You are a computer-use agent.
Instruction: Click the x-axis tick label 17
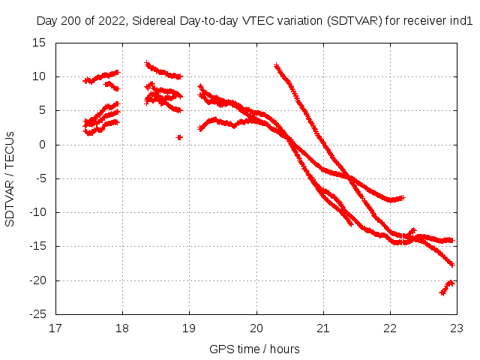55,328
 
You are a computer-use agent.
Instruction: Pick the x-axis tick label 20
256,328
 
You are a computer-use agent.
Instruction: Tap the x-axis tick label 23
457,328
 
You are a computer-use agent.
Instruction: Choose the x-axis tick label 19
189,328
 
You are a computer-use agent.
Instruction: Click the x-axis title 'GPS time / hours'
255,349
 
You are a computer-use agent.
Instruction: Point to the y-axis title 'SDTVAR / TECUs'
10,178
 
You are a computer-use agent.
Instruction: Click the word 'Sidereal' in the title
155,22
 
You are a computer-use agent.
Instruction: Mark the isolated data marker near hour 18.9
179,137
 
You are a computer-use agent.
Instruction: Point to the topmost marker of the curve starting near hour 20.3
277,66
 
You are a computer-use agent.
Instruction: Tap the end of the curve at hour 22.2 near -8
403,197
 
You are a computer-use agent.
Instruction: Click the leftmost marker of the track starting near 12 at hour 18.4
147,64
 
